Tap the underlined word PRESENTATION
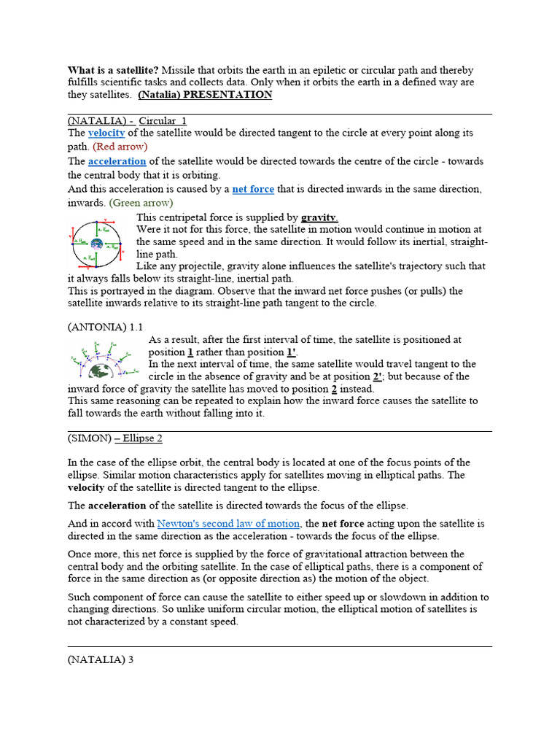pyautogui.click(x=233, y=95)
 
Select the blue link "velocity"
pyautogui.click(x=106, y=133)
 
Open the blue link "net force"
pyautogui.click(x=253, y=189)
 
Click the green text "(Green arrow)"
pyautogui.click(x=141, y=202)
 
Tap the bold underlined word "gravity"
pyautogui.click(x=319, y=217)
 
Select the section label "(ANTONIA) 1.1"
pyautogui.click(x=105, y=327)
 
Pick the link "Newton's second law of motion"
pyautogui.click(x=228, y=523)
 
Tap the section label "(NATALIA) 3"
pyautogui.click(x=101, y=659)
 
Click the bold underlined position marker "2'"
pyautogui.click(x=377, y=376)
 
